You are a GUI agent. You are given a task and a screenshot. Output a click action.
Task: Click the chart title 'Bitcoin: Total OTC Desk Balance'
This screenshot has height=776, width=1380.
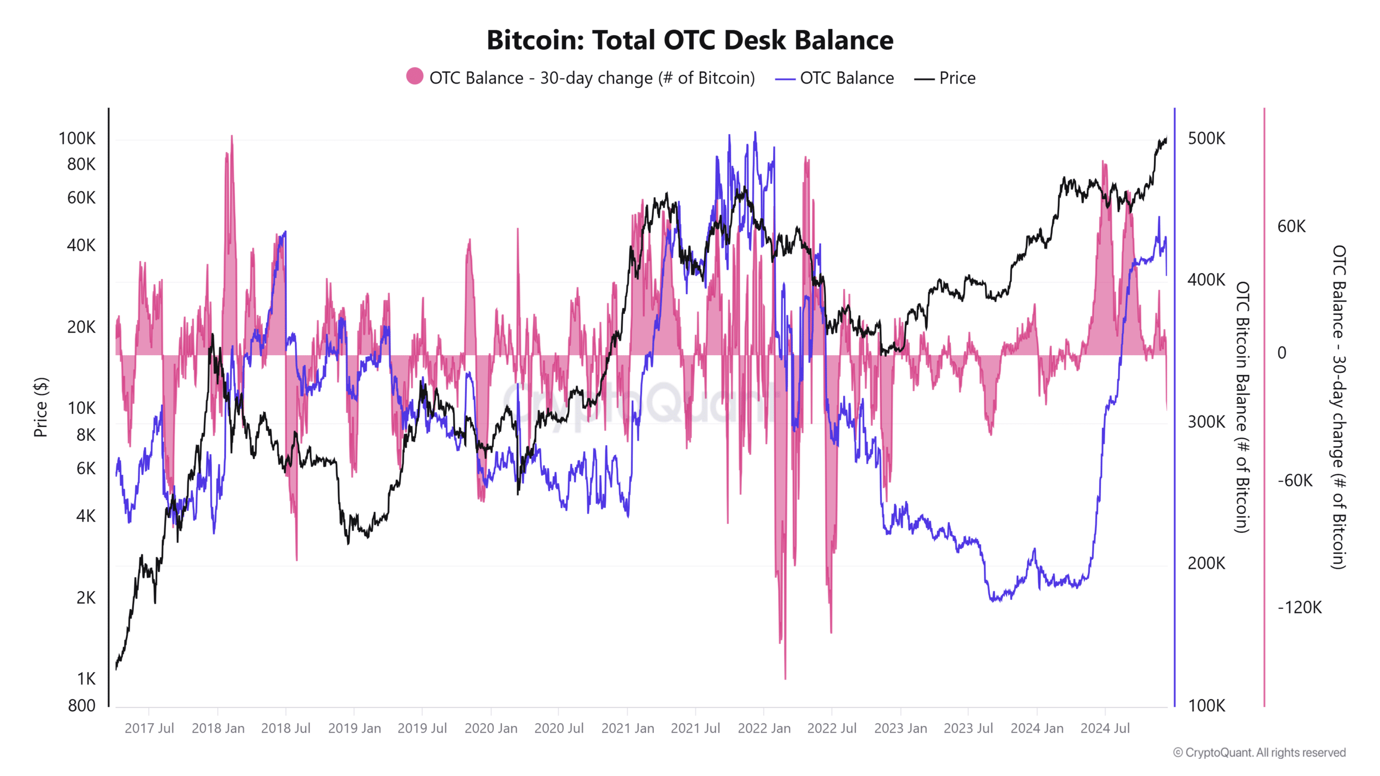pyautogui.click(x=690, y=40)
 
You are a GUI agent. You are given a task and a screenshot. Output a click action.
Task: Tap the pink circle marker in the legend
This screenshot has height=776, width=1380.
pyautogui.click(x=415, y=77)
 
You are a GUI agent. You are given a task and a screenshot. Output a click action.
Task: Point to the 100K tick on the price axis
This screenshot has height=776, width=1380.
pyautogui.click(x=77, y=138)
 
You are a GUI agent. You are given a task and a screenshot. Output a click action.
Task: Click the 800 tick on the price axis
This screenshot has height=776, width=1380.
pyautogui.click(x=81, y=705)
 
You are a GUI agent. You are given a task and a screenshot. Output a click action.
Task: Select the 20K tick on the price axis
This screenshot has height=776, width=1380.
pyautogui.click(x=81, y=327)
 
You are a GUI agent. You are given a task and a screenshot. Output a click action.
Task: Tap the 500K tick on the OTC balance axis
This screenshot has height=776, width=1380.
pyautogui.click(x=1206, y=138)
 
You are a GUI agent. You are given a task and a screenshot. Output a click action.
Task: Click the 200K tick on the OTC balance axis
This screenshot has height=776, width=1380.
pyautogui.click(x=1206, y=564)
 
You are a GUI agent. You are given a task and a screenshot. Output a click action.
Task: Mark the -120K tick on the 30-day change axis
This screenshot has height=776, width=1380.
pyautogui.click(x=1300, y=608)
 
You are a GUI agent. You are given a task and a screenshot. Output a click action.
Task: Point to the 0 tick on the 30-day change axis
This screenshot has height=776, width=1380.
pyautogui.click(x=1282, y=353)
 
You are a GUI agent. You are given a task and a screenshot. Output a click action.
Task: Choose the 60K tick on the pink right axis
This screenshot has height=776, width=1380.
pyautogui.click(x=1292, y=226)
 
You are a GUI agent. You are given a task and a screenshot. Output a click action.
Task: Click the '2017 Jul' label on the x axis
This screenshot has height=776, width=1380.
pyautogui.click(x=149, y=729)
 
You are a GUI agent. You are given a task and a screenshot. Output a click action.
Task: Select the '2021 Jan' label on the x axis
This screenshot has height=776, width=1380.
pyautogui.click(x=627, y=729)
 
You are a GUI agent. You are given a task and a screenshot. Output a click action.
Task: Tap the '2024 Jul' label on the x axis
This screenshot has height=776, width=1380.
pyautogui.click(x=1105, y=729)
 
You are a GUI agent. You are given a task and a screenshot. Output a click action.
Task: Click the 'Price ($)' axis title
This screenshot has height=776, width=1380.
pyautogui.click(x=41, y=407)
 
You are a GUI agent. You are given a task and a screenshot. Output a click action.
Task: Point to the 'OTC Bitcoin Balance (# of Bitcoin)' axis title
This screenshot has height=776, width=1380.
pyautogui.click(x=1242, y=407)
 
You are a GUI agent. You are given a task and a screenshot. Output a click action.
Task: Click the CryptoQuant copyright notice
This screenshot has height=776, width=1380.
pyautogui.click(x=1259, y=752)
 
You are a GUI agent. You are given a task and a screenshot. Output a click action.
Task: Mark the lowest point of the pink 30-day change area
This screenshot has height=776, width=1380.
pyautogui.click(x=785, y=678)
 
